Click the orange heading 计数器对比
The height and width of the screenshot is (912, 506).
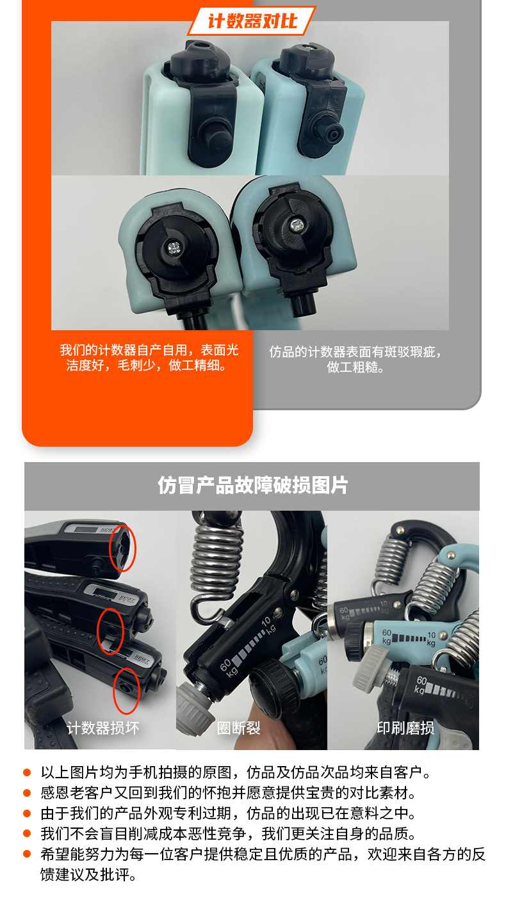coord(252,21)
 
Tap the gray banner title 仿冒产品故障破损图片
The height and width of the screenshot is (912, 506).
coord(252,486)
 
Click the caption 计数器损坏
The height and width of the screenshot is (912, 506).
coord(102,728)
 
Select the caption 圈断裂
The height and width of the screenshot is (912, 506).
coord(238,728)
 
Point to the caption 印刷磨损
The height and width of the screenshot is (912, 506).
coord(405,728)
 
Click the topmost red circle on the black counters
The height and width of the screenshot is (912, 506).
coord(122,548)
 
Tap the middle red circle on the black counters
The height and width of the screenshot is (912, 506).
coord(110,631)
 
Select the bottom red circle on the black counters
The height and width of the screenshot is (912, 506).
coord(126,691)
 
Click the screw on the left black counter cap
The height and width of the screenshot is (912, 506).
coord(174,246)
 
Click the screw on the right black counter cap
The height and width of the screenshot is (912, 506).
coord(297,225)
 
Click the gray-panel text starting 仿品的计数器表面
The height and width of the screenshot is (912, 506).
coord(355,359)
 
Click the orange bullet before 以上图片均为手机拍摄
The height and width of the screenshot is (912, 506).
coord(27,773)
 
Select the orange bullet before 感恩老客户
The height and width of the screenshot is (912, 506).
coord(27,794)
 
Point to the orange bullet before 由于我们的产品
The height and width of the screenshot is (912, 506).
coord(27,814)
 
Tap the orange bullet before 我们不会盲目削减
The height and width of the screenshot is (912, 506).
coord(27,835)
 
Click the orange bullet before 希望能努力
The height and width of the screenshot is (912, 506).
coord(27,855)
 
